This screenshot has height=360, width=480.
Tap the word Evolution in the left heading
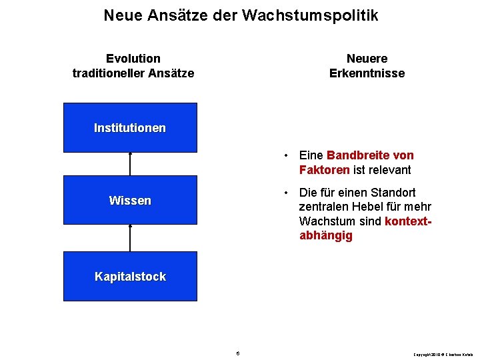pyautogui.click(x=133, y=59)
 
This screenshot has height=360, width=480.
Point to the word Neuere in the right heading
pyautogui.click(x=367, y=59)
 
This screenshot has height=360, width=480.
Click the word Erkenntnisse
pyautogui.click(x=367, y=73)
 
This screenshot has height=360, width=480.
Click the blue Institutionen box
pyautogui.click(x=130, y=128)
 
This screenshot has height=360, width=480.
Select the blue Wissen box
pyautogui.click(x=130, y=200)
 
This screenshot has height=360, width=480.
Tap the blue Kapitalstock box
pyautogui.click(x=130, y=277)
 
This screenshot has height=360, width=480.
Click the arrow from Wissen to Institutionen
pyautogui.click(x=131, y=164)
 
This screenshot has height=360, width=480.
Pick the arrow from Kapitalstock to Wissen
pyautogui.click(x=131, y=238)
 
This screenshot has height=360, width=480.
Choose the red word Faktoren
pyautogui.click(x=325, y=170)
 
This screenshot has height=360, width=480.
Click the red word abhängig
pyautogui.click(x=326, y=236)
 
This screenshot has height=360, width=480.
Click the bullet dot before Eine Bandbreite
pyautogui.click(x=285, y=156)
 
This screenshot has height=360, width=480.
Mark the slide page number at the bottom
pyautogui.click(x=238, y=353)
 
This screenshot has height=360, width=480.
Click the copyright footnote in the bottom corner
pyautogui.click(x=443, y=353)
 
